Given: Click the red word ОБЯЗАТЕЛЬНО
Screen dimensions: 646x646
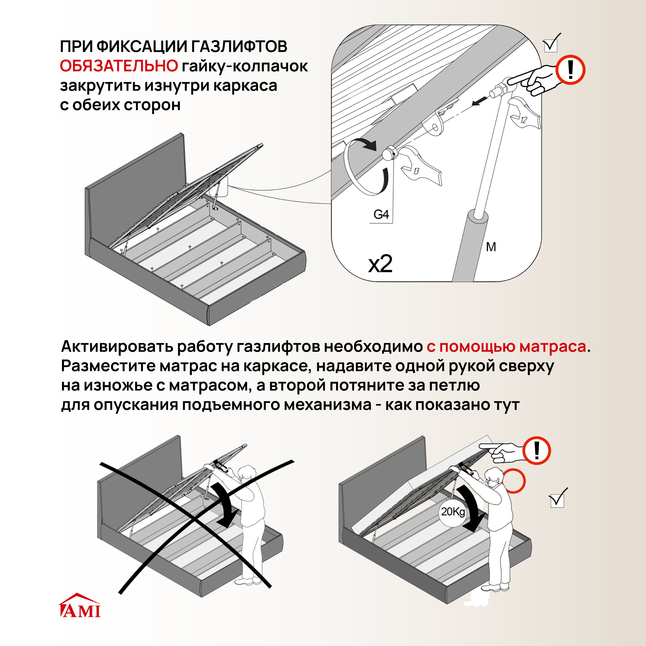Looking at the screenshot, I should pos(119,66).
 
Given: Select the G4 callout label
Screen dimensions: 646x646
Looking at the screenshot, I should pos(381,214).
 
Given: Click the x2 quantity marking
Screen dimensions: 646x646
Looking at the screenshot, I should pos(380,264).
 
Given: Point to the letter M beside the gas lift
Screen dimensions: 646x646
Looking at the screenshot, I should pos(491,247).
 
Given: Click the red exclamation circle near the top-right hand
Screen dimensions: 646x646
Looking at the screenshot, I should pos(570,70).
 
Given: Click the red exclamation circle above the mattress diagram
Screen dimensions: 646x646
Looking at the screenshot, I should pos(537,450).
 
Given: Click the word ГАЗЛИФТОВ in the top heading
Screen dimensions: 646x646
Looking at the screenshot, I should pos(239,46).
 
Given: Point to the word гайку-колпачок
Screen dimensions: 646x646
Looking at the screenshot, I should pos(244,66).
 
